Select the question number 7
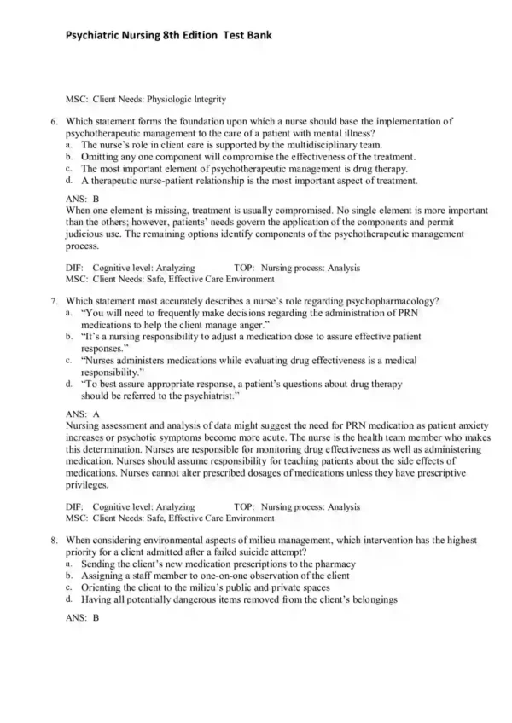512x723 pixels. tap(54, 301)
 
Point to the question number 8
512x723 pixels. tap(54, 540)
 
